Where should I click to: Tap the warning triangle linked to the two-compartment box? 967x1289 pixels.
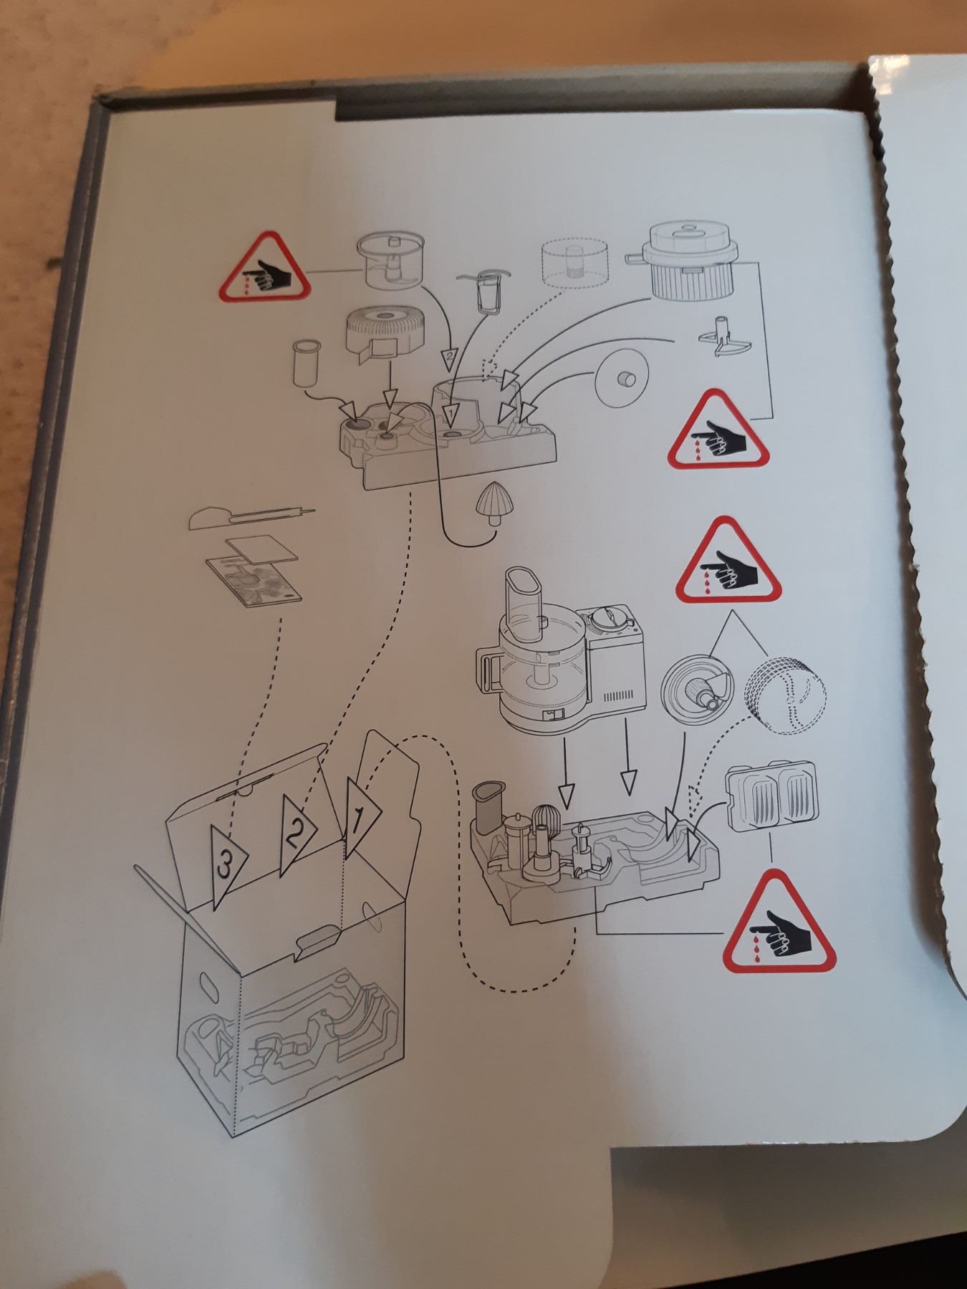pos(779,923)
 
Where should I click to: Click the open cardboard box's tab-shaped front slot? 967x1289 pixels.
pos(318,937)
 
